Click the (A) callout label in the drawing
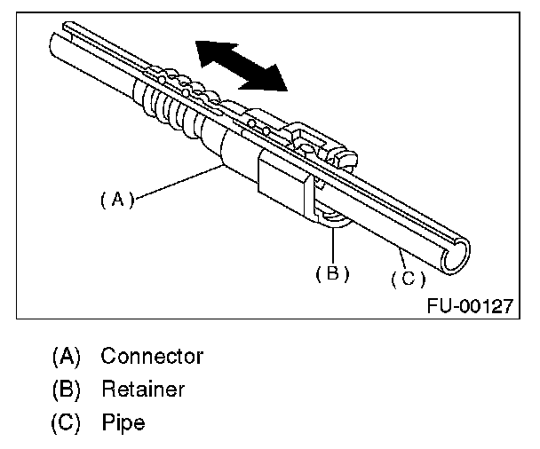coord(116,200)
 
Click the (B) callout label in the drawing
coord(332,273)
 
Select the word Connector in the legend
coord(152,357)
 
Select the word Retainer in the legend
coord(142,389)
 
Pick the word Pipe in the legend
coord(123,421)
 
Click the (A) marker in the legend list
coord(67,357)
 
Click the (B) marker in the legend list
coord(67,389)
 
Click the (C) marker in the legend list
coord(67,421)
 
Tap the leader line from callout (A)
coord(178,182)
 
